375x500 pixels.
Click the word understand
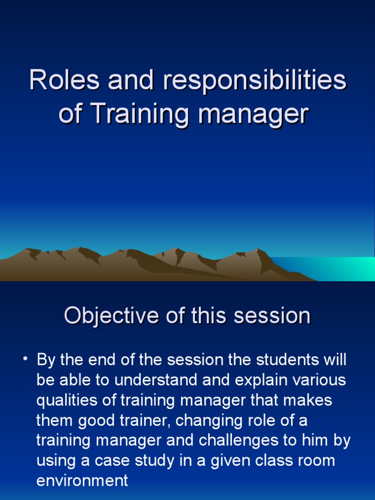tap(155, 380)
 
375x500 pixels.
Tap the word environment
tap(82, 480)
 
